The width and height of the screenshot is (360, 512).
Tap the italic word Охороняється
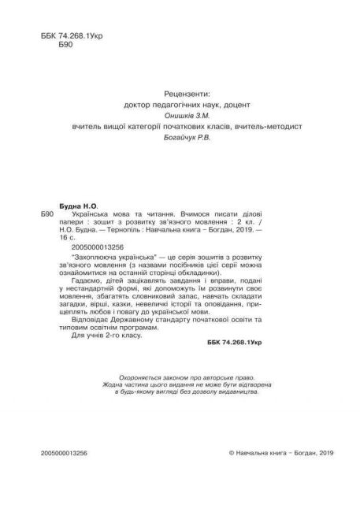pos(137,399)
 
